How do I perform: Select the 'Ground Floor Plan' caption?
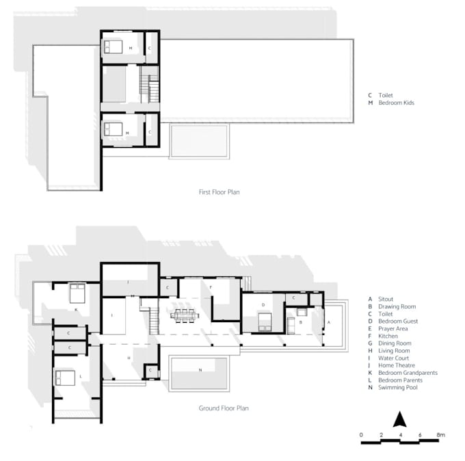(x=223, y=408)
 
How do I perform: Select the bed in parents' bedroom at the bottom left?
(x=64, y=376)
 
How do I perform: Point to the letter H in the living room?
(x=128, y=358)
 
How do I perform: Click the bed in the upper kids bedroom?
(x=111, y=47)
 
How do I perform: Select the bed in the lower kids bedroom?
(x=111, y=127)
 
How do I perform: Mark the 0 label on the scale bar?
(x=360, y=434)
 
